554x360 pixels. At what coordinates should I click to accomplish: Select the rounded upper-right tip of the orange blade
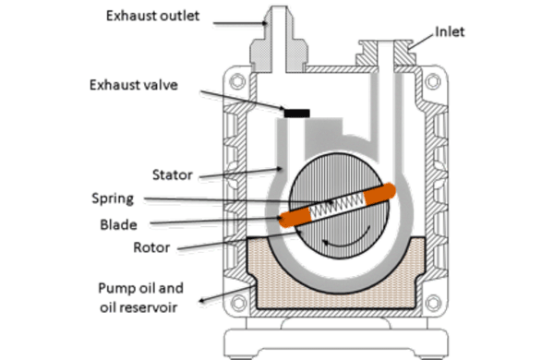(x=386, y=191)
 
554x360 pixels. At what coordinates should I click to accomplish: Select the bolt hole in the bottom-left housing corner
(x=242, y=300)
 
